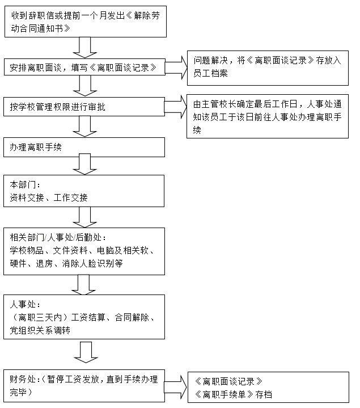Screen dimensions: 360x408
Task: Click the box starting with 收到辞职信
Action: click(86, 22)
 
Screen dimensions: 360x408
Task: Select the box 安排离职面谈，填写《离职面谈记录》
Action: click(84, 67)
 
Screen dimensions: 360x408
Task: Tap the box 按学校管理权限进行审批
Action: click(84, 107)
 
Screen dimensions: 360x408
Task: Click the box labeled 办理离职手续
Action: click(84, 148)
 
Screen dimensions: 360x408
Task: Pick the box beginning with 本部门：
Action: click(84, 191)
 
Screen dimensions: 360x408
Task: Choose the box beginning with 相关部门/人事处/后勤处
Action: click(84, 251)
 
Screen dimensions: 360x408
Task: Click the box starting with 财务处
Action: click(84, 386)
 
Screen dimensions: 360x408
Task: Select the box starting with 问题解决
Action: click(268, 68)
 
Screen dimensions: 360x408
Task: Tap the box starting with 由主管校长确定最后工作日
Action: click(268, 116)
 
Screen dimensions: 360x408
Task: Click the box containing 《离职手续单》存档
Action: click(269, 388)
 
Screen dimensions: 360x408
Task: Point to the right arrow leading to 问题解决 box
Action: click(176, 68)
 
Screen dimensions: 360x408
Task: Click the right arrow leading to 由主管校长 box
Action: click(176, 107)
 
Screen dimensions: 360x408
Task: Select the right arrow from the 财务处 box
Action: click(176, 387)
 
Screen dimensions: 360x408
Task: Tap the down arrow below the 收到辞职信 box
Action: click(85, 48)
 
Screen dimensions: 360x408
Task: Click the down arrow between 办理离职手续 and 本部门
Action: click(84, 164)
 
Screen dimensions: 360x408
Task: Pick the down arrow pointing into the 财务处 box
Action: click(86, 352)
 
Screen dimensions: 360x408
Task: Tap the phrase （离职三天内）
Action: click(40, 317)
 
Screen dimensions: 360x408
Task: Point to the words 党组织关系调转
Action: click(40, 330)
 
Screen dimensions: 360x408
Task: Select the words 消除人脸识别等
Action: click(92, 264)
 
